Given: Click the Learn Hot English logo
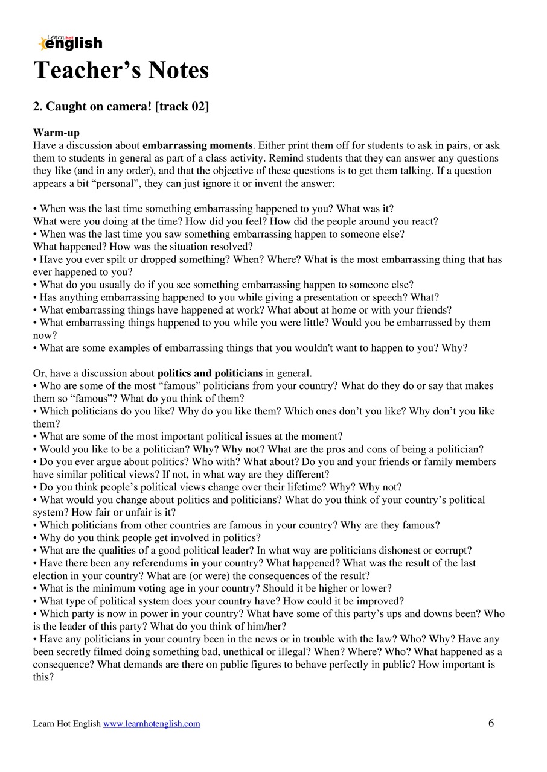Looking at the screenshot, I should pyautogui.click(x=70, y=42).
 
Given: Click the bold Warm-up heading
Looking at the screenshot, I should pyautogui.click(x=56, y=133).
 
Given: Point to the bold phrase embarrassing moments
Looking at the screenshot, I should pyautogui.click(x=197, y=145).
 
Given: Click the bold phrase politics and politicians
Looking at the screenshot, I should pyautogui.click(x=210, y=373).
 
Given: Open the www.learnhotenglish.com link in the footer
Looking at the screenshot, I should pyautogui.click(x=152, y=724).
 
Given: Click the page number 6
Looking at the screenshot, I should pyautogui.click(x=491, y=723).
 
